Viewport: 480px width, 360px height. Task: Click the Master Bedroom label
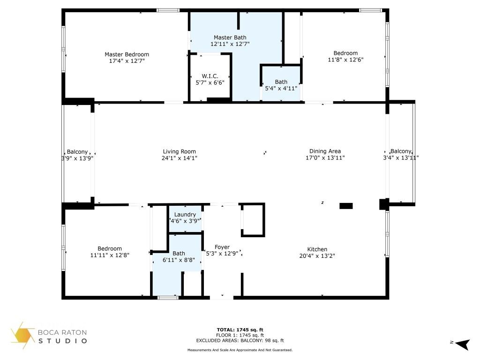click(x=127, y=54)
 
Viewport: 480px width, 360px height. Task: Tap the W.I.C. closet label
click(x=210, y=76)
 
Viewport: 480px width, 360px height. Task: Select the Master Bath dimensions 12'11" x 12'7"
click(x=230, y=44)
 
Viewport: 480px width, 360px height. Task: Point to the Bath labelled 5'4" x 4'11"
click(x=281, y=82)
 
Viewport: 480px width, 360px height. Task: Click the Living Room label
click(x=179, y=151)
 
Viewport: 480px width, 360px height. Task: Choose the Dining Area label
click(x=325, y=151)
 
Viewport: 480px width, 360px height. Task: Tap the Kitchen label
click(x=317, y=249)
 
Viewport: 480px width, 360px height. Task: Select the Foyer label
click(x=222, y=247)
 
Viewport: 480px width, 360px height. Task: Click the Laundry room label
click(x=186, y=215)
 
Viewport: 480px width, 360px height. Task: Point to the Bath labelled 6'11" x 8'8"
click(x=179, y=254)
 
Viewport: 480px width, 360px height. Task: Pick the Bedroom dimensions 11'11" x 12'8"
click(x=110, y=255)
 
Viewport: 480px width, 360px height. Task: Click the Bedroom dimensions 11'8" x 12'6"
click(x=345, y=60)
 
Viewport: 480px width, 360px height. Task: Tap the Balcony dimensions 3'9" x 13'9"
click(x=74, y=158)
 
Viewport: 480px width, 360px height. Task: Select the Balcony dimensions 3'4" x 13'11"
click(x=401, y=158)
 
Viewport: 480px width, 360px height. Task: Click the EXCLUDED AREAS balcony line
click(x=240, y=341)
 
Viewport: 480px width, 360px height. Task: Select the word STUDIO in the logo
click(x=62, y=341)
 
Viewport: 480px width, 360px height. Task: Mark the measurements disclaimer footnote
click(x=240, y=350)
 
